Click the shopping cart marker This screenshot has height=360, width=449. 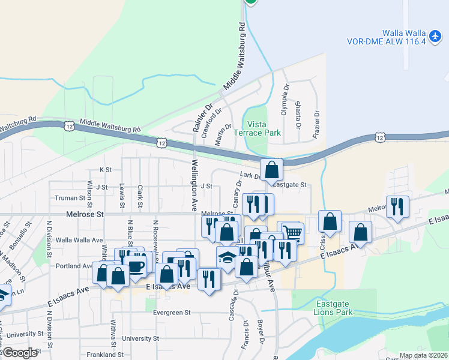pos(292,232)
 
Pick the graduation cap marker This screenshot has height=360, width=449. pos(227,257)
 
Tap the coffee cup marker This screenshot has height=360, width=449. pos(136,266)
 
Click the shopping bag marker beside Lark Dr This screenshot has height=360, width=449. pos(271,170)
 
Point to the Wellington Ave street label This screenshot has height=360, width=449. pos(194,185)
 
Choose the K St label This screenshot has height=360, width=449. pos(106,170)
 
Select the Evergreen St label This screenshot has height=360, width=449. pos(171,313)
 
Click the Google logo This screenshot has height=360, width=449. pos(19,353)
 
